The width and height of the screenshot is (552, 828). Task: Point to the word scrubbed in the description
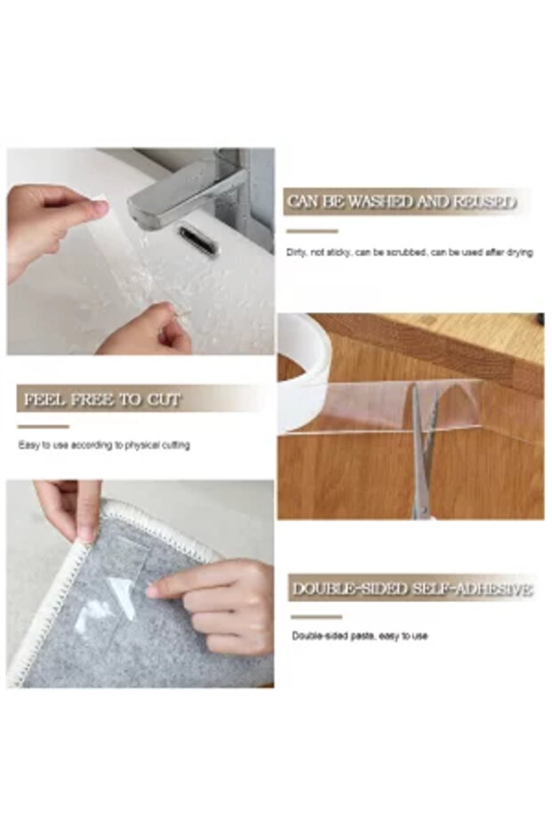click(405, 253)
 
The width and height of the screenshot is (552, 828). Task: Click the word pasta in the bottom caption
click(366, 636)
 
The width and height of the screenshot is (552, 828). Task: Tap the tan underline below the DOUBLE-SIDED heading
click(316, 616)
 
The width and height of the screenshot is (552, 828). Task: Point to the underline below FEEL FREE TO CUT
click(43, 426)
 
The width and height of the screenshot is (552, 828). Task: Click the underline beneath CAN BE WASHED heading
click(312, 231)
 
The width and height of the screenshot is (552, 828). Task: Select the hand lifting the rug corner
click(71, 507)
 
